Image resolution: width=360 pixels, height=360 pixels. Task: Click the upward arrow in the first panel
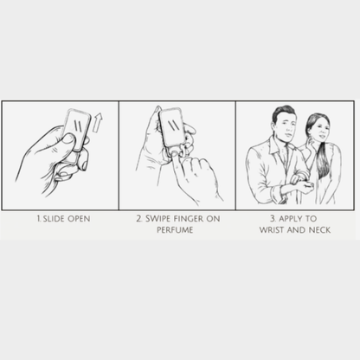tap(98, 123)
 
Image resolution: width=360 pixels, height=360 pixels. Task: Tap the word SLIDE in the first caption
tap(54, 219)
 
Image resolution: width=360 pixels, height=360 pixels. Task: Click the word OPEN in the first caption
tap(79, 219)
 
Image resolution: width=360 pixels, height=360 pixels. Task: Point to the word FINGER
tap(189, 219)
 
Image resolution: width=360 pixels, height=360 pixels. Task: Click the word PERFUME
tap(175, 230)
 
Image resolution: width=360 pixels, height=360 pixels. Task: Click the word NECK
tap(319, 230)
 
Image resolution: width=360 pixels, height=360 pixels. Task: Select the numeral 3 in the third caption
tap(273, 219)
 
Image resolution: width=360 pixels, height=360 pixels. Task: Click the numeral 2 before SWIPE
tap(139, 219)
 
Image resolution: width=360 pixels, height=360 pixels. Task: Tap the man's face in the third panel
tap(287, 125)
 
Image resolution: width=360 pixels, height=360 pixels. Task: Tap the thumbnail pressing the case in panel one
tap(68, 139)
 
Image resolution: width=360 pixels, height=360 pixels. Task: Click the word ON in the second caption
tap(213, 219)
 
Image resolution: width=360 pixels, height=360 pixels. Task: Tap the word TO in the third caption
tap(311, 219)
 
